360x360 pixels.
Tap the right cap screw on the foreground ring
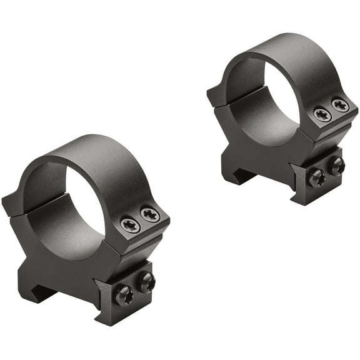150,216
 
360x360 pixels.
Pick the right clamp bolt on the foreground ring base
146,282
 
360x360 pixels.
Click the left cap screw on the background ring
322,115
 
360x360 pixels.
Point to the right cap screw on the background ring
340,105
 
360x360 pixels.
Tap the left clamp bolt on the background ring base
316,177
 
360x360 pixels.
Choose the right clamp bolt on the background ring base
336,166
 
